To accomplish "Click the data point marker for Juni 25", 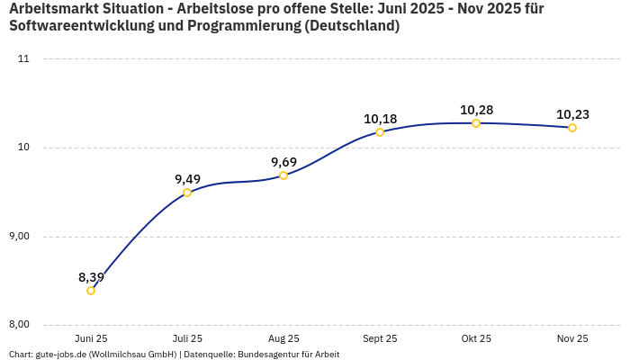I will (91, 291).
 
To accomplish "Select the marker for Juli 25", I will (187, 193).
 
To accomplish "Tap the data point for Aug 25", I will (283, 175).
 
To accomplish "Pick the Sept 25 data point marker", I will (380, 132).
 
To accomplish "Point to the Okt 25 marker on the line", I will (476, 123).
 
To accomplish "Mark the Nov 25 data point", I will (572, 128).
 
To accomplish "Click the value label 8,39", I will (91, 277).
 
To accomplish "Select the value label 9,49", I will (187, 179).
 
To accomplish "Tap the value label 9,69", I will (283, 162).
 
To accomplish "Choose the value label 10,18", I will (380, 119).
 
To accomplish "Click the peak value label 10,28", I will (476, 110).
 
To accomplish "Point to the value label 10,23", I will (572, 114).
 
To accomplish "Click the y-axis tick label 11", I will (23, 59).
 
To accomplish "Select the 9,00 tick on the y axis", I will (18, 237).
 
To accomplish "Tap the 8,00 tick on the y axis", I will (18, 325).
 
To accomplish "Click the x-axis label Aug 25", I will (283, 338).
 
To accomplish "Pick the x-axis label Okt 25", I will (476, 338).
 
